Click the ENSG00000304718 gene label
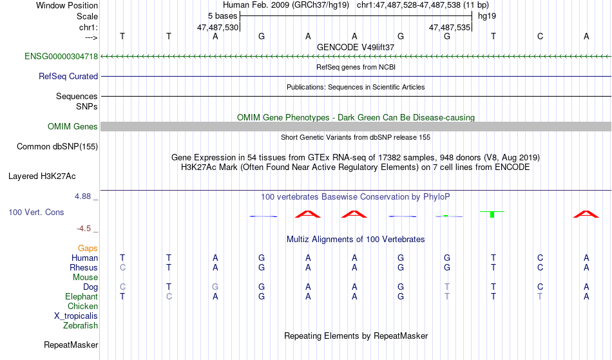(61, 57)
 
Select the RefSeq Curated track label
(68, 77)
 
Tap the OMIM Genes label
(73, 126)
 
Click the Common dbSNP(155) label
(57, 147)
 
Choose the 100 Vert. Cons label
(36, 213)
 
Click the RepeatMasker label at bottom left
(71, 345)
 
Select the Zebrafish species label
(81, 326)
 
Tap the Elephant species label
(81, 297)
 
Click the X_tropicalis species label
(76, 316)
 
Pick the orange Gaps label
(88, 249)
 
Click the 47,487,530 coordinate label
(218, 28)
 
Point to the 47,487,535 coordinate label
(450, 28)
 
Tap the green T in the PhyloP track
(492, 213)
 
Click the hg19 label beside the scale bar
(486, 15)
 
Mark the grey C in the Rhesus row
(122, 268)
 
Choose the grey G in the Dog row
(215, 287)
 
